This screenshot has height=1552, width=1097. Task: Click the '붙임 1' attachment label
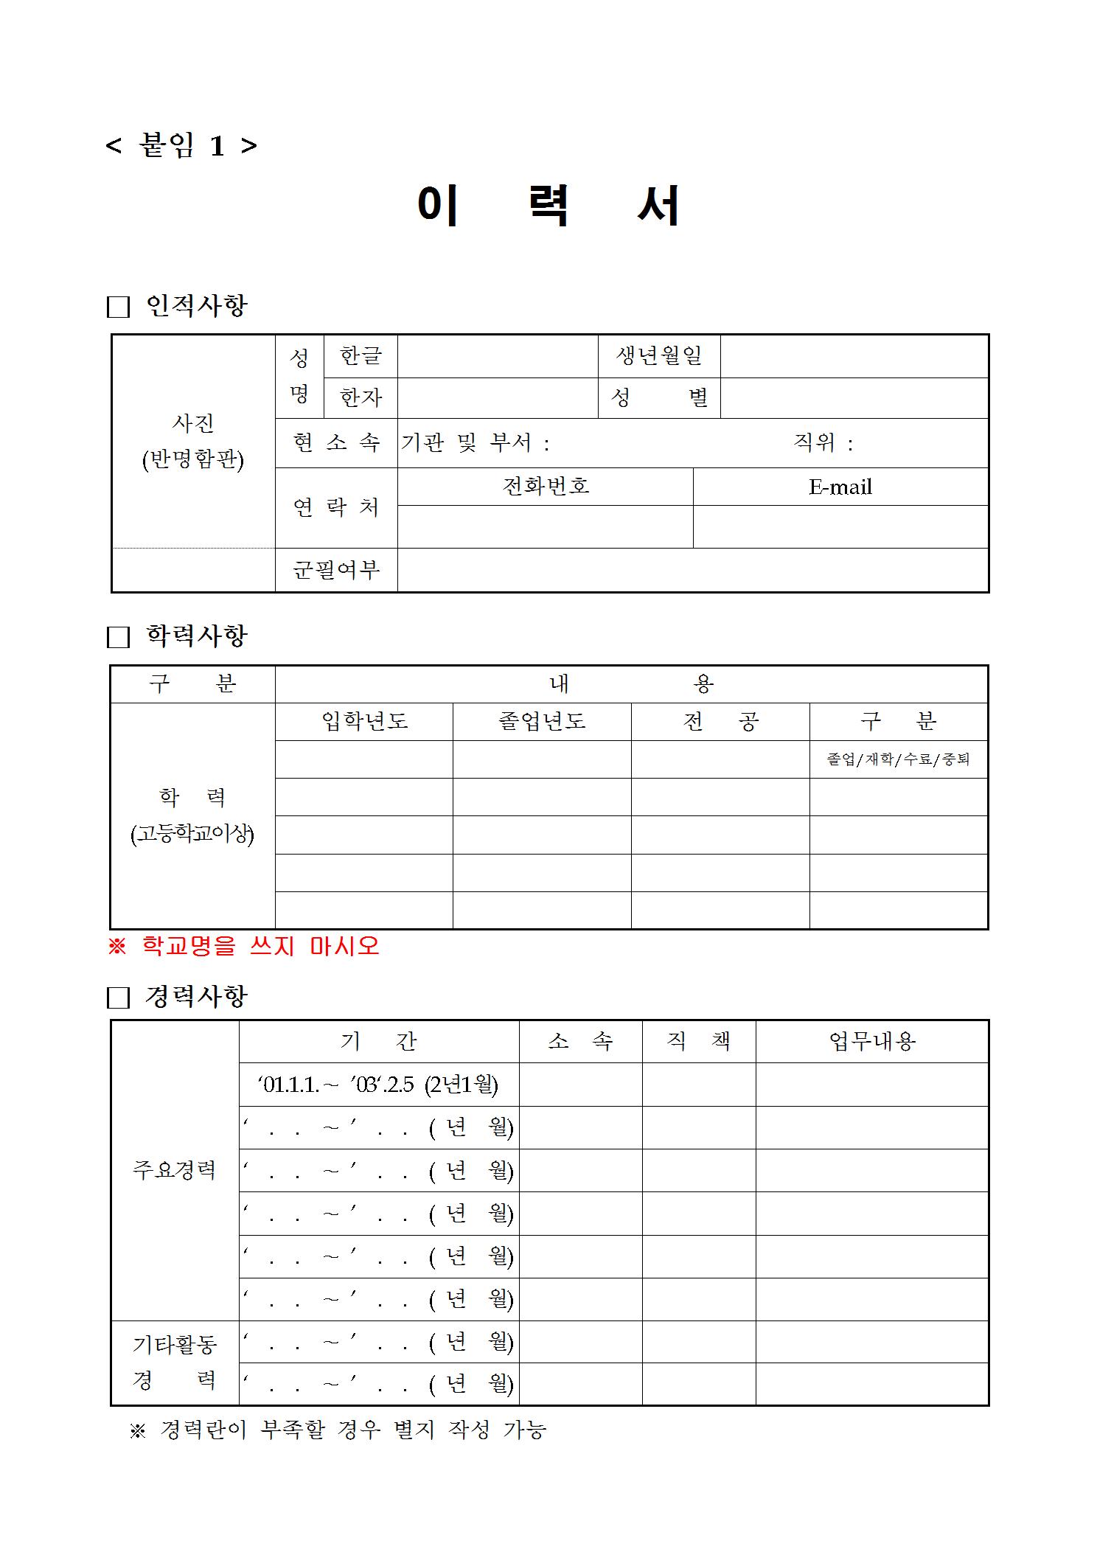(x=181, y=146)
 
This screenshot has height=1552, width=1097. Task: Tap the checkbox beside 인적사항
(x=118, y=307)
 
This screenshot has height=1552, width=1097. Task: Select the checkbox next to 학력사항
(x=118, y=637)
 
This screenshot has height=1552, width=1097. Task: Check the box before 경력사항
(x=118, y=998)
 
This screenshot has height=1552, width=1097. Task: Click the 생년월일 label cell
(x=658, y=356)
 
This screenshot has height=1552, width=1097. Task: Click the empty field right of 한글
(x=497, y=356)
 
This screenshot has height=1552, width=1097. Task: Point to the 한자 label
(x=361, y=398)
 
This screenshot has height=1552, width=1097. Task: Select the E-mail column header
(x=840, y=487)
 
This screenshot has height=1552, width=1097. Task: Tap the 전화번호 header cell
(x=545, y=487)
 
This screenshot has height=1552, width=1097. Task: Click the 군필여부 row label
(x=336, y=570)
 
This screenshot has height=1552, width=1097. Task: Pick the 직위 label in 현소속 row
(x=822, y=443)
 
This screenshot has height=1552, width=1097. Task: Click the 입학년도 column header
(x=364, y=721)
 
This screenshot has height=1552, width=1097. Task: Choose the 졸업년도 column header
(x=542, y=721)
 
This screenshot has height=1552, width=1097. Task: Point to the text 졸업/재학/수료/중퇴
(x=898, y=759)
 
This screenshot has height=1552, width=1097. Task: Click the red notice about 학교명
(x=243, y=946)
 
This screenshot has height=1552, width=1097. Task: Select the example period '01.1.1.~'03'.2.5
(x=377, y=1085)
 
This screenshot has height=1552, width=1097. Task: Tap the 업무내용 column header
(x=871, y=1042)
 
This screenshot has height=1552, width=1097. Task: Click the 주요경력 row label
(x=174, y=1170)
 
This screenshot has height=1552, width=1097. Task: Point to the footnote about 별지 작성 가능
(x=338, y=1430)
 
